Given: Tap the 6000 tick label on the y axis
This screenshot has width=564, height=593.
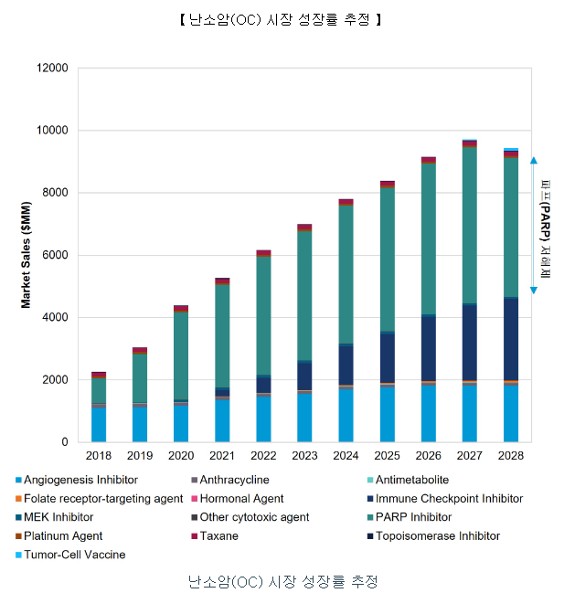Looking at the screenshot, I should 54,255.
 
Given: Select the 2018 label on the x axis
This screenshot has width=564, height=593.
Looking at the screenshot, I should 99,455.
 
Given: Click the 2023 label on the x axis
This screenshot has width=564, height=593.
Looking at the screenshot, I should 303,455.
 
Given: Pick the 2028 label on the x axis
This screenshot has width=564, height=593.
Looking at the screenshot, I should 510,455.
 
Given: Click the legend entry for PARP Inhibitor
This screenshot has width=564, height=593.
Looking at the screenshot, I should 416,517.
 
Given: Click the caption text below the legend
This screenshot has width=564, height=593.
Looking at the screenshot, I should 282,581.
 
